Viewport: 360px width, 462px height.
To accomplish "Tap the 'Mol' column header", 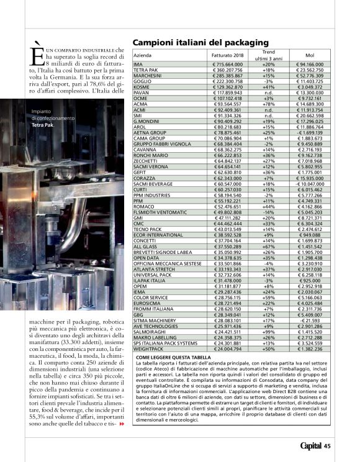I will click(x=310, y=56).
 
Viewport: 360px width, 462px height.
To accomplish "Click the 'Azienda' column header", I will click(x=143, y=56).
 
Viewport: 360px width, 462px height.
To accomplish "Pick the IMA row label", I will click(x=138, y=64).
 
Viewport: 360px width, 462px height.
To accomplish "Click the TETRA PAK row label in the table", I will click(x=145, y=70).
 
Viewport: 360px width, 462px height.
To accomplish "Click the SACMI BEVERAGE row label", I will click(x=153, y=184).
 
